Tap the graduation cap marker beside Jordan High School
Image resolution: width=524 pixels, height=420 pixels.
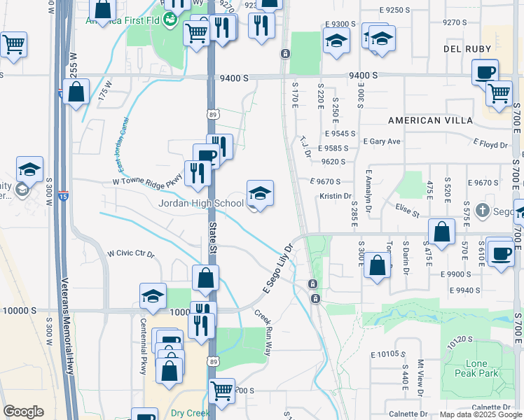tap(260, 194)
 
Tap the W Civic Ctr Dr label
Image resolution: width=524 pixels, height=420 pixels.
tap(130, 253)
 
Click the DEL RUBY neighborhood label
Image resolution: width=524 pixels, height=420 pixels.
tap(465, 49)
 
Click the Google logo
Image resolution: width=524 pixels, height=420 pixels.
tap(23, 412)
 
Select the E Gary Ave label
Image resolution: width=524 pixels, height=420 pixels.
tap(381, 141)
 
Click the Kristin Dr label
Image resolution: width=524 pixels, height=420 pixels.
tap(335, 196)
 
